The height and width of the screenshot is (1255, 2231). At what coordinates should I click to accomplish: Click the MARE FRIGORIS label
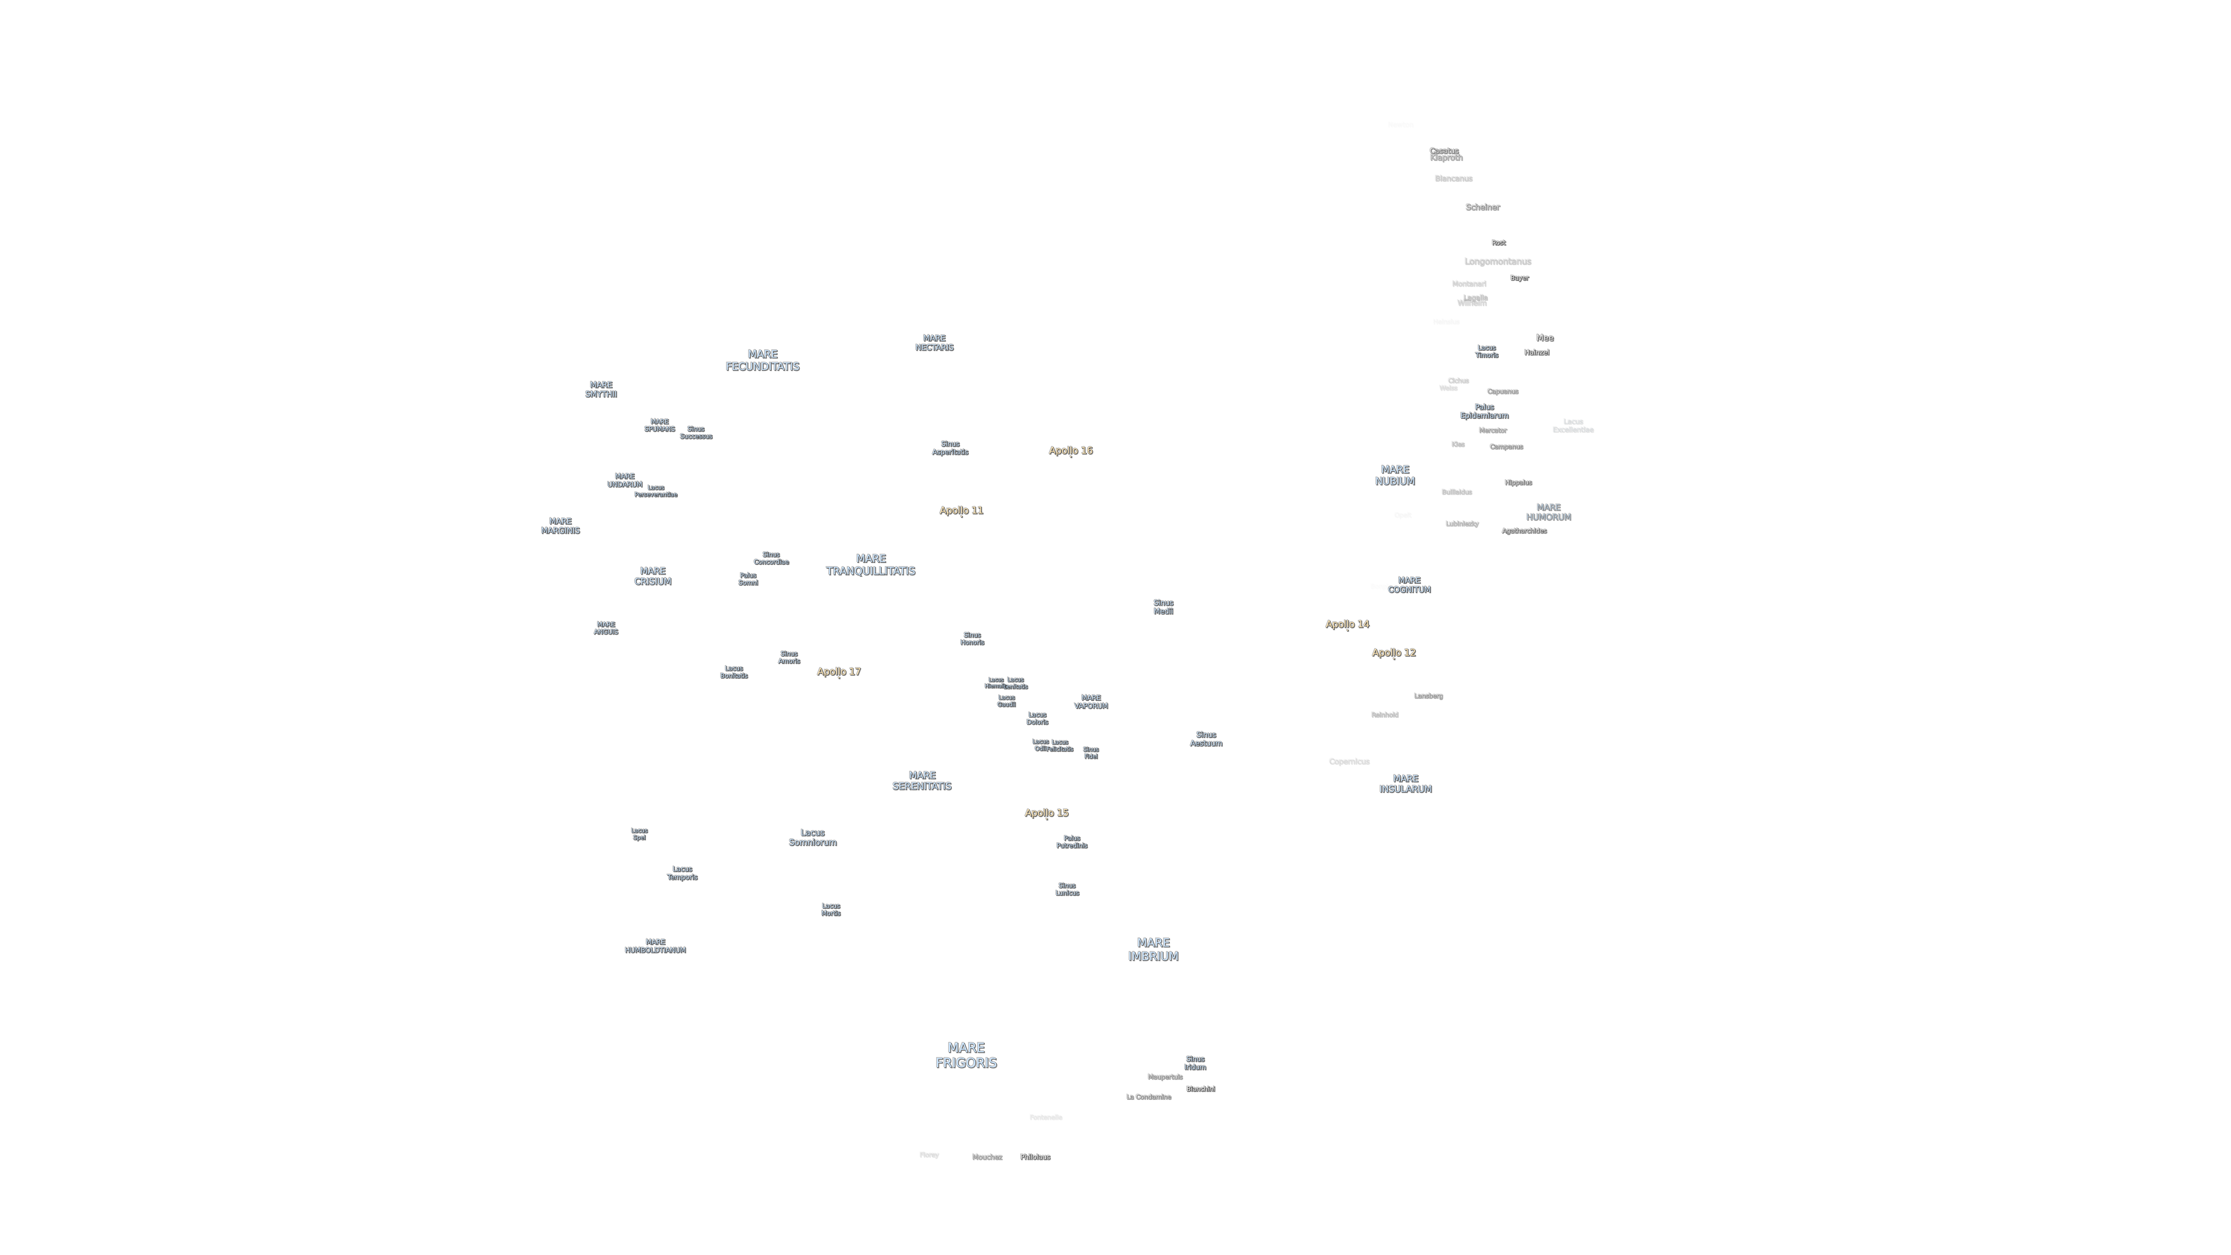966,1055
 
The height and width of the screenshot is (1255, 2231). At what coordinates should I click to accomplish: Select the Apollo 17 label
838,671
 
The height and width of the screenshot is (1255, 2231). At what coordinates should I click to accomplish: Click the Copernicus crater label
1348,761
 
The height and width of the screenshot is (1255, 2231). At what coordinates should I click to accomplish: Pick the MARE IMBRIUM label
1153,949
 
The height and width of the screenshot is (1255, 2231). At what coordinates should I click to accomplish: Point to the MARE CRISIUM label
652,576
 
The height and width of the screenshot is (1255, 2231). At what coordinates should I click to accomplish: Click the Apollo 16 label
1071,450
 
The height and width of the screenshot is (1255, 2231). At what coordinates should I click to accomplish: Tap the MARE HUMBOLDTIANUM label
655,946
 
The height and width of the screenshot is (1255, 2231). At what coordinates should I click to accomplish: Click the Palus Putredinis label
1071,842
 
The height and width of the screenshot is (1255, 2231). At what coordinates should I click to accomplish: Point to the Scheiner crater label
1482,207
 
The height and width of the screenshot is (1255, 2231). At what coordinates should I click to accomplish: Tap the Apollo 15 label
1046,812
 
